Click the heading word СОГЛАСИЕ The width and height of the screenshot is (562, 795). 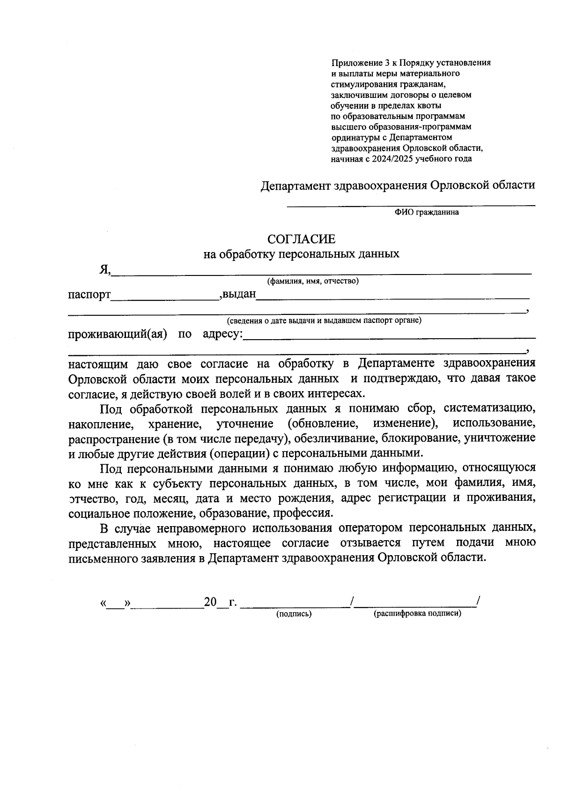pos(301,239)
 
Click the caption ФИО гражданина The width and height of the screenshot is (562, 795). pos(426,212)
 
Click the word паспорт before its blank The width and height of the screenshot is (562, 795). pos(89,295)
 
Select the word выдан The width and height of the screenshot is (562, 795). pos(239,295)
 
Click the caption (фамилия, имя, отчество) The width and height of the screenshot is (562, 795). pos(313,281)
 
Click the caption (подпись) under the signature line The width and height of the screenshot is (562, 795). pos(294,614)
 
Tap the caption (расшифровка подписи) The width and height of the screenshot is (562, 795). pos(417,614)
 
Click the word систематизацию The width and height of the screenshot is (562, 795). pos(489,409)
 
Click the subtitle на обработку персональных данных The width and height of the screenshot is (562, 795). pos(301,254)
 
